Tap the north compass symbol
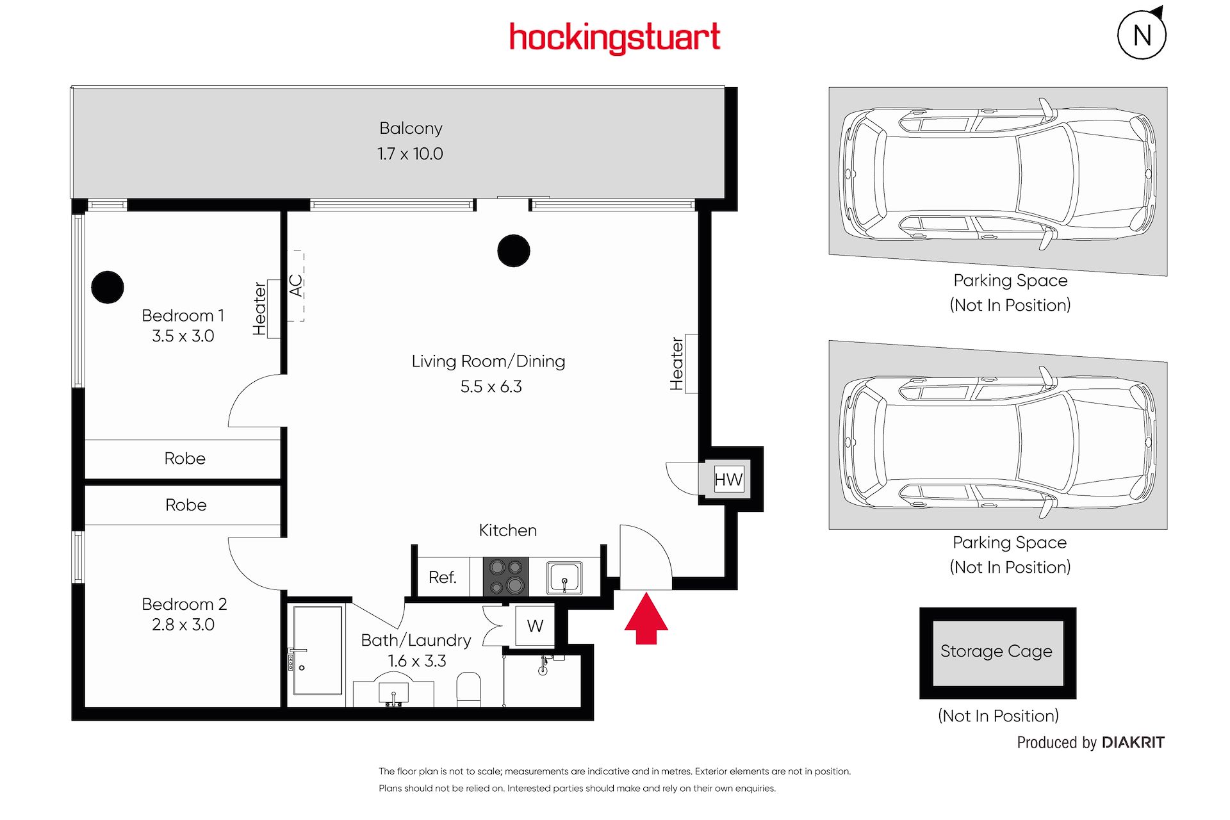pos(1142,34)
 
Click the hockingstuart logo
pos(614,38)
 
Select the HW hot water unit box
pos(728,479)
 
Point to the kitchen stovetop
pos(505,577)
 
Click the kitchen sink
pos(564,578)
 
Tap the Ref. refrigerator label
pos(443,577)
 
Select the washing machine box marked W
pos(535,626)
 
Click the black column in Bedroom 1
pos(108,287)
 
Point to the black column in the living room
pos(514,250)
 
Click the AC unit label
pos(295,286)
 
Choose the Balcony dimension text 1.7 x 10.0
pos(410,154)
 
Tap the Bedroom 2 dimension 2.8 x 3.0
pos(183,625)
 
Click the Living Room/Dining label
pos(488,361)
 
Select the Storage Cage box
pos(997,653)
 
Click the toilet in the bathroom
pos(469,689)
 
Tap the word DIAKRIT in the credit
pos(1133,742)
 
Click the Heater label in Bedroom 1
pos(259,309)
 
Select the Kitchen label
pos(508,530)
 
